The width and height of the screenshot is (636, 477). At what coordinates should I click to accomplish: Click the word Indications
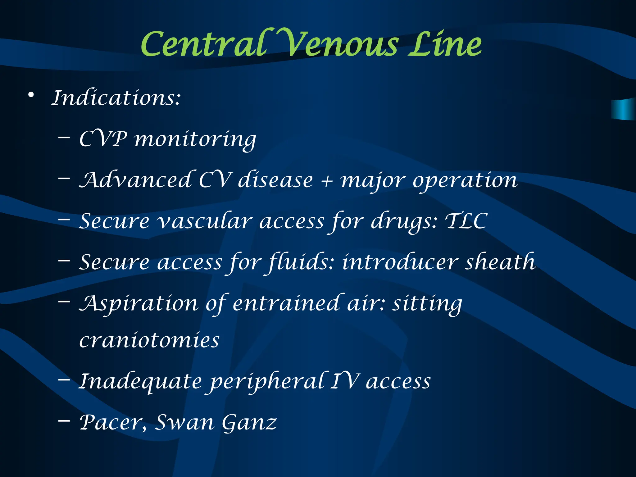(116, 98)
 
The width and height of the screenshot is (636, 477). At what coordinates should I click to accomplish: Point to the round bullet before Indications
(31, 95)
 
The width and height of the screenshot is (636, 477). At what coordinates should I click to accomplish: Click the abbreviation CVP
(103, 139)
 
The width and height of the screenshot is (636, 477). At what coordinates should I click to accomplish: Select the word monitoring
(195, 140)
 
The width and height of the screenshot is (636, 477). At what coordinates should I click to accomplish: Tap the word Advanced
(135, 180)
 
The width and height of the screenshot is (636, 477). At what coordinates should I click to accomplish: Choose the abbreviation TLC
(466, 221)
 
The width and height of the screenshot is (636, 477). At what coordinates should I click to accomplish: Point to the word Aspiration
(139, 304)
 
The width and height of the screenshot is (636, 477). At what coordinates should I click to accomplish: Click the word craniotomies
(149, 340)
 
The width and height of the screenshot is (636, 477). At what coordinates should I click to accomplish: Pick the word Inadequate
(140, 382)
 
